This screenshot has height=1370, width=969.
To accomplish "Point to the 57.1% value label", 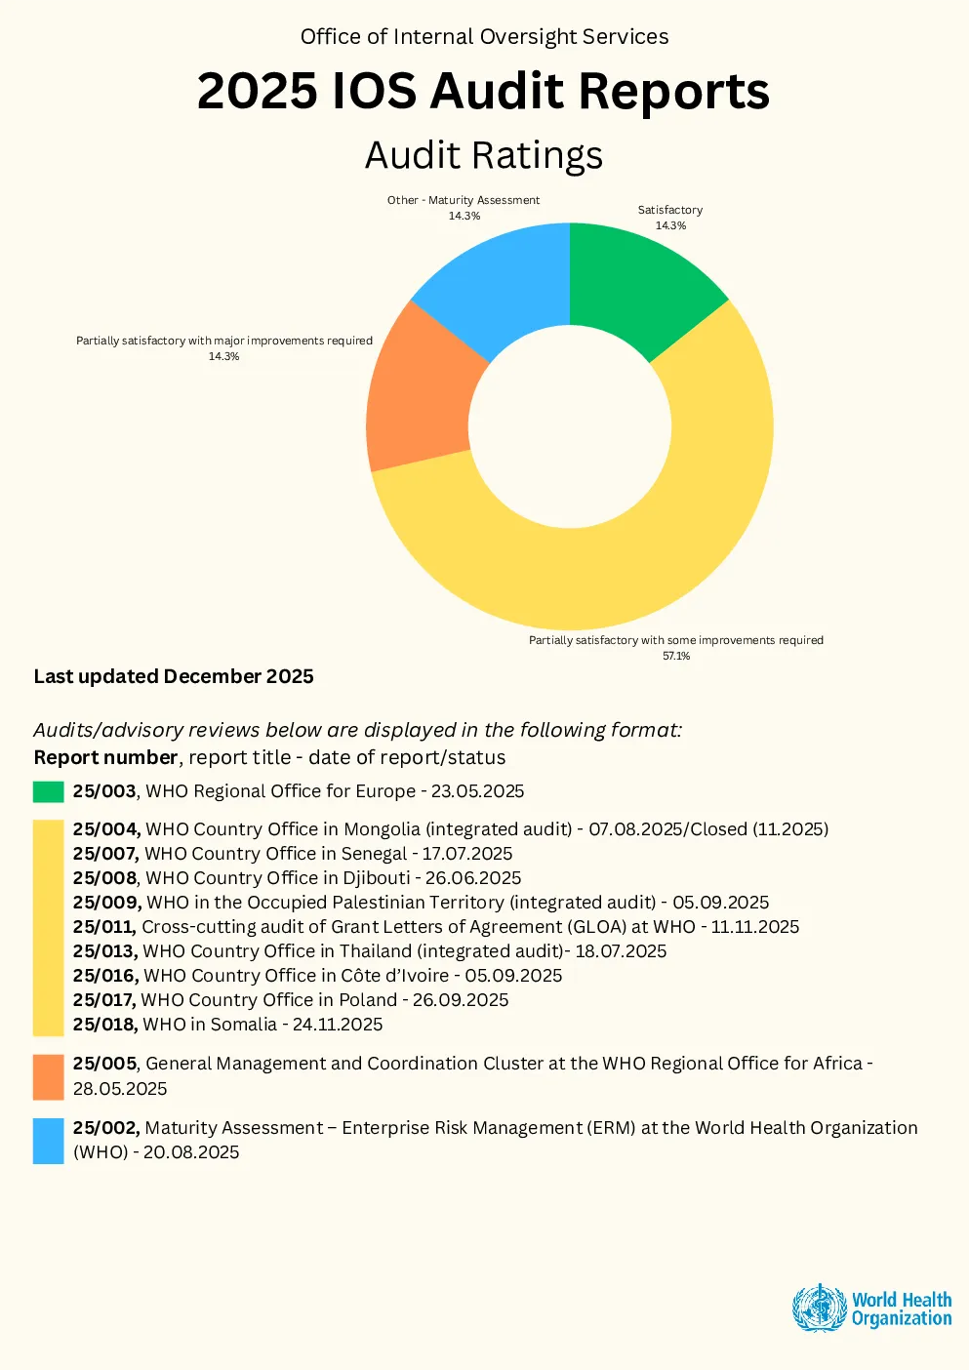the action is [x=676, y=657].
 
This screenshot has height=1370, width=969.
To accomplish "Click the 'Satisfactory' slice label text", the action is [x=669, y=210].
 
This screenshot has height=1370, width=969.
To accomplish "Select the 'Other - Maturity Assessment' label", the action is [x=464, y=200].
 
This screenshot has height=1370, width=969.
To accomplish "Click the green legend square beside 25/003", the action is [x=49, y=791].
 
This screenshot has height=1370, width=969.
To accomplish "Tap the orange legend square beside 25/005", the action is [x=49, y=1077].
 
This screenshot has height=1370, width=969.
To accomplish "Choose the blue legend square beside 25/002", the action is [x=49, y=1141].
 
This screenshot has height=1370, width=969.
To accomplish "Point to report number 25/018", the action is [x=105, y=1025].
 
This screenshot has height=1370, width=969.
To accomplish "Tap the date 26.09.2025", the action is [x=461, y=1000].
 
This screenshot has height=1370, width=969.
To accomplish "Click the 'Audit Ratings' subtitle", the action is [x=484, y=155].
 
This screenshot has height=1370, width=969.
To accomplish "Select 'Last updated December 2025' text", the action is [x=174, y=676].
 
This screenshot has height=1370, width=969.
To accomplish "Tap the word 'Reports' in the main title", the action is [x=673, y=92].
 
